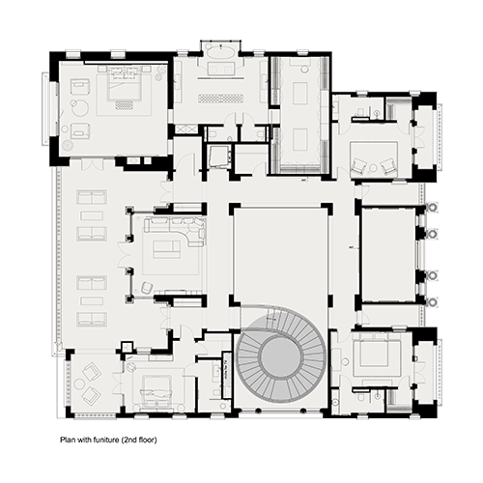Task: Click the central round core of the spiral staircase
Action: pyautogui.click(x=281, y=356)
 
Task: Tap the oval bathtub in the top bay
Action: pyautogui.click(x=220, y=51)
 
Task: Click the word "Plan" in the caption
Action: pyautogui.click(x=67, y=440)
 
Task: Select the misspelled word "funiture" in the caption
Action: pyautogui.click(x=106, y=440)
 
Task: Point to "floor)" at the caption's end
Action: pyautogui.click(x=148, y=440)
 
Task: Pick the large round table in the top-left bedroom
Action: pyautogui.click(x=80, y=107)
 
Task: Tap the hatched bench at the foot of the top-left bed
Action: pyautogui.click(x=125, y=105)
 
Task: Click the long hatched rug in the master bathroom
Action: pyautogui.click(x=220, y=99)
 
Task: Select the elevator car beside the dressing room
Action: pyautogui.click(x=219, y=156)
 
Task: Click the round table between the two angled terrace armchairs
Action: pyautogui.click(x=79, y=384)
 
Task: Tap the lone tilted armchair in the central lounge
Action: pyautogui.click(x=147, y=287)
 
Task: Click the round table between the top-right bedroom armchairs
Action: pyautogui.click(x=373, y=168)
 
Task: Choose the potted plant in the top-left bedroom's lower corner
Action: pyautogui.click(x=69, y=146)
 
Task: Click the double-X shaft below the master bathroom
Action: pyautogui.click(x=185, y=129)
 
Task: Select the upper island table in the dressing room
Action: pyautogui.click(x=300, y=93)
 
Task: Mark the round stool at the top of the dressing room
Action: pyautogui.click(x=304, y=69)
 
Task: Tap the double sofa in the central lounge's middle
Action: pyautogui.click(x=167, y=249)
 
